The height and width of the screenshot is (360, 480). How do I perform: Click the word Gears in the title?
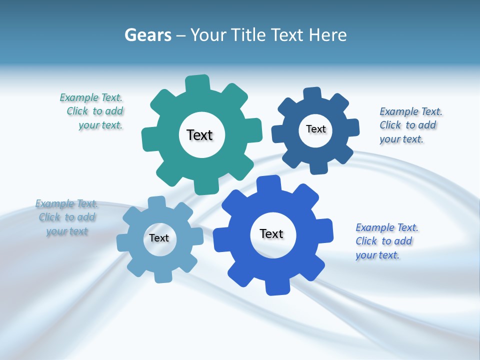click(147, 35)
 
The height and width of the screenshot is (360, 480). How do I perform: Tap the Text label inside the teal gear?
click(199, 135)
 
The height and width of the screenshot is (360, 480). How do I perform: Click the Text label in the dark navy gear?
click(315, 129)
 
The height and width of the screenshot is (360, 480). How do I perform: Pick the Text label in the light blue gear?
click(159, 238)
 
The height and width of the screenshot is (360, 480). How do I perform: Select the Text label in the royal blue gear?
click(271, 233)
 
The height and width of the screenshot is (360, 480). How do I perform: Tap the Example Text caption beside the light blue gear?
click(67, 217)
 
